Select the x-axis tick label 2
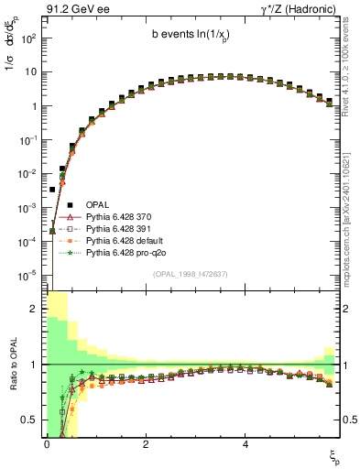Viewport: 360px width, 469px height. point(145,444)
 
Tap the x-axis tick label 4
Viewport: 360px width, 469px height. point(245,444)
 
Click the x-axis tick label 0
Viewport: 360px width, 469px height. point(46,444)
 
